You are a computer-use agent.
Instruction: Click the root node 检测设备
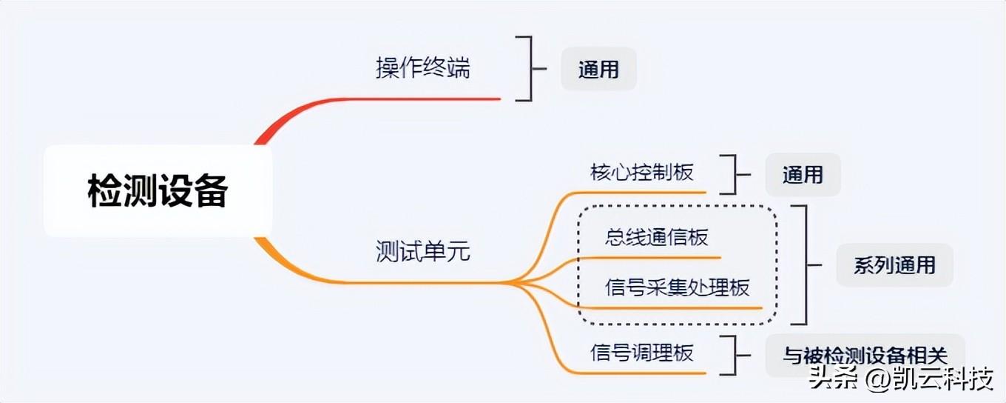click(x=158, y=191)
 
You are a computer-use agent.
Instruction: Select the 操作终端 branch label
click(x=422, y=69)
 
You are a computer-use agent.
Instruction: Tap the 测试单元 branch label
click(x=422, y=253)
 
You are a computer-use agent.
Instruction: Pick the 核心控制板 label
click(x=642, y=173)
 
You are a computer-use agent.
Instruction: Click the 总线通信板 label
click(x=657, y=237)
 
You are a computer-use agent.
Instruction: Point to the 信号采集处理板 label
click(x=678, y=287)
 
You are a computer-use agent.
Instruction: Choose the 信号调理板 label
click(x=642, y=353)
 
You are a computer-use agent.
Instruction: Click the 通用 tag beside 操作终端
click(x=598, y=70)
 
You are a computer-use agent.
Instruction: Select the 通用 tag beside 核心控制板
click(x=803, y=175)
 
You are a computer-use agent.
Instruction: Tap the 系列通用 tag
click(x=894, y=265)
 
